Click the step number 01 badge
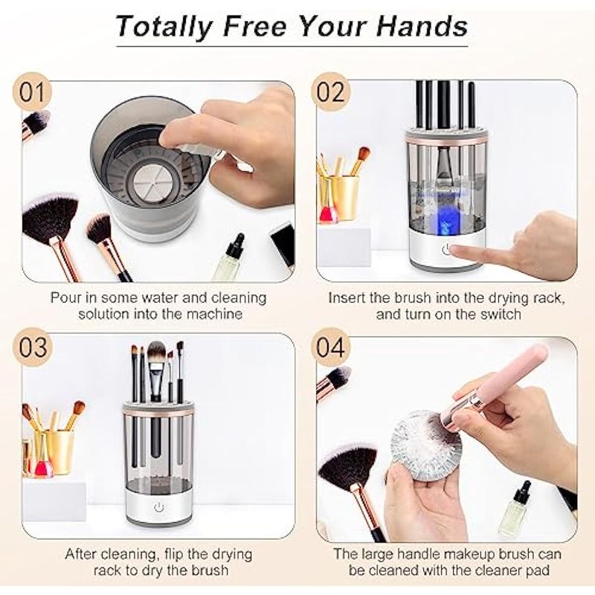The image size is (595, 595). (32, 92)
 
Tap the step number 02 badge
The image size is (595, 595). (330, 92)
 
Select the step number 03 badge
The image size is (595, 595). (32, 347)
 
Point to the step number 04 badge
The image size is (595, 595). (330, 347)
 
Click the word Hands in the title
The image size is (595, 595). (422, 26)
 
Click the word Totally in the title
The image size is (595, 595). (164, 27)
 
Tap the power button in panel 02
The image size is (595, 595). (447, 250)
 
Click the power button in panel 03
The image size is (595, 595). (158, 507)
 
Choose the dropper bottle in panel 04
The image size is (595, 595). (514, 509)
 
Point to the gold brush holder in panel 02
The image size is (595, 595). (339, 197)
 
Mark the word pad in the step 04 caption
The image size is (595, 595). (536, 571)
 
